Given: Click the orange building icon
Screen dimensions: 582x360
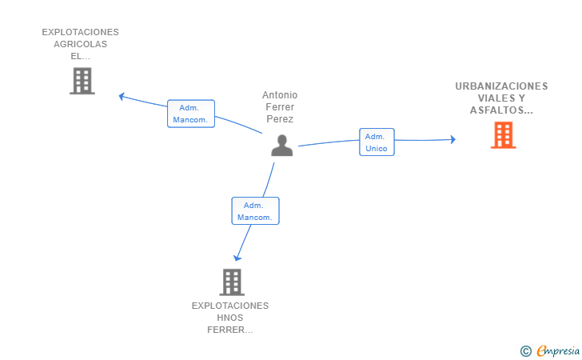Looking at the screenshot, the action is pos(504,136).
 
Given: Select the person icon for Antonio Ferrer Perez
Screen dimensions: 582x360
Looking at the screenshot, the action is pos(281,146).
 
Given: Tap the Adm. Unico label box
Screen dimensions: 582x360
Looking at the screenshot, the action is pos(377,142).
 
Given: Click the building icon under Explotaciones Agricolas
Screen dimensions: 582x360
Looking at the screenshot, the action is pos(82,81).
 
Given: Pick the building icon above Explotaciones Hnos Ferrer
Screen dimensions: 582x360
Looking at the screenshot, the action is pos(232,282).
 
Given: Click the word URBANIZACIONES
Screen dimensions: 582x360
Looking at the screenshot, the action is pos(501,86).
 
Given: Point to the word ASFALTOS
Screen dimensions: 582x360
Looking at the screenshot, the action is pos(497,110).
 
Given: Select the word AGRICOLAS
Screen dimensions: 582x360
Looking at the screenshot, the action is pos(80,44).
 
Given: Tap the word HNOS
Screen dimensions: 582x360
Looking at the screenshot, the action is pos(230,318).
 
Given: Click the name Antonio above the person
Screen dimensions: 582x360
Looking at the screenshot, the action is pos(280,95).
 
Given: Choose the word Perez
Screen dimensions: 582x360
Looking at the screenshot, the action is pos(280,119).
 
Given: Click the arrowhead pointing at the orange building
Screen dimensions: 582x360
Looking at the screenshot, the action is pos(452,139).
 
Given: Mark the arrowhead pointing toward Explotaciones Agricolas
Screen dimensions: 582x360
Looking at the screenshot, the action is pos(122,97).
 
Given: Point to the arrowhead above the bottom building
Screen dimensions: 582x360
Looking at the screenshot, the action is pos(237,258).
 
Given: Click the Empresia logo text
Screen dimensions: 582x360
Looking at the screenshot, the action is pos(558,350).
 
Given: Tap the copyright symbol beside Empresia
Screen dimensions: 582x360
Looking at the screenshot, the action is pos(525,351).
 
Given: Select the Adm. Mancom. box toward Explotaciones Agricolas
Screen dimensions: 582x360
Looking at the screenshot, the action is pos(191,114).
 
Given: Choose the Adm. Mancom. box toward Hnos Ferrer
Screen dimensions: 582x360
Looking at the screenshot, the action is pos(255,211).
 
